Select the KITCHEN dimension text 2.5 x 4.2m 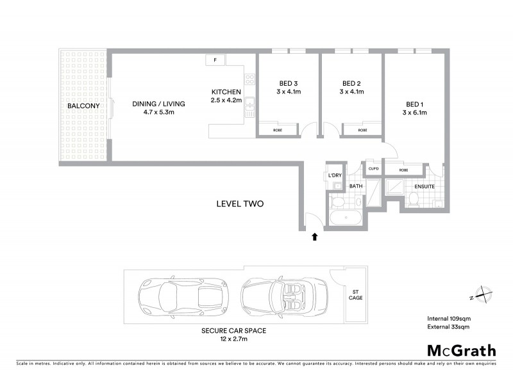click(x=226, y=100)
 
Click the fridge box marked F click(x=215, y=60)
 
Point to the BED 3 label click(x=289, y=83)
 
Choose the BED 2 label click(x=352, y=83)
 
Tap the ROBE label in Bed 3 click(x=278, y=130)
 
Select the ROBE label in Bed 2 click(x=363, y=130)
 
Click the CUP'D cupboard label click(x=373, y=170)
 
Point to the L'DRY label click(x=334, y=175)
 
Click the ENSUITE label click(x=425, y=187)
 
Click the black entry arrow click(x=314, y=237)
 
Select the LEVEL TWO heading click(x=240, y=204)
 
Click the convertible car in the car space click(x=282, y=296)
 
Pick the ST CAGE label click(x=355, y=294)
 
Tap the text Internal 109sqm click(x=449, y=318)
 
